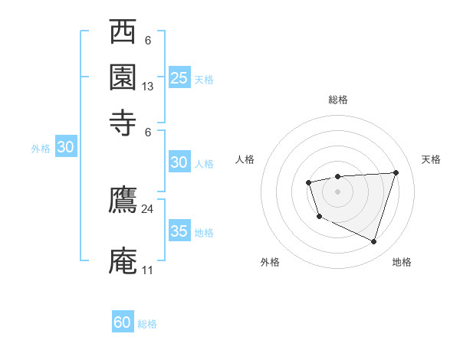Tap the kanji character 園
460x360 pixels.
click(123, 77)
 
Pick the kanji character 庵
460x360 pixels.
click(123, 260)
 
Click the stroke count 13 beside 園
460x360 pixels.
click(148, 87)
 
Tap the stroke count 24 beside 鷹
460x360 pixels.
click(148, 208)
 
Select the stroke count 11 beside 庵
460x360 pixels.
click(147, 270)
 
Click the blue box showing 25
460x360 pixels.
click(179, 77)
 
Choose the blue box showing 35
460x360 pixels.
click(179, 231)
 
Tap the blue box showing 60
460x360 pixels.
click(123, 322)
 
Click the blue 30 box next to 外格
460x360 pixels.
click(65, 148)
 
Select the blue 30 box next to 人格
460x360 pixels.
click(179, 162)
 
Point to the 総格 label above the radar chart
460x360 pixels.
click(337, 100)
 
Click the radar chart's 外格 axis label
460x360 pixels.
click(270, 262)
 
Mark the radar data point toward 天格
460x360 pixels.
click(396, 172)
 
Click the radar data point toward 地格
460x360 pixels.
click(373, 242)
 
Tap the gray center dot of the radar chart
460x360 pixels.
click(337, 191)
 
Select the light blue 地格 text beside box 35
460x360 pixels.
click(204, 232)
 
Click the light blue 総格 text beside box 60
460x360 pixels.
click(147, 324)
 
